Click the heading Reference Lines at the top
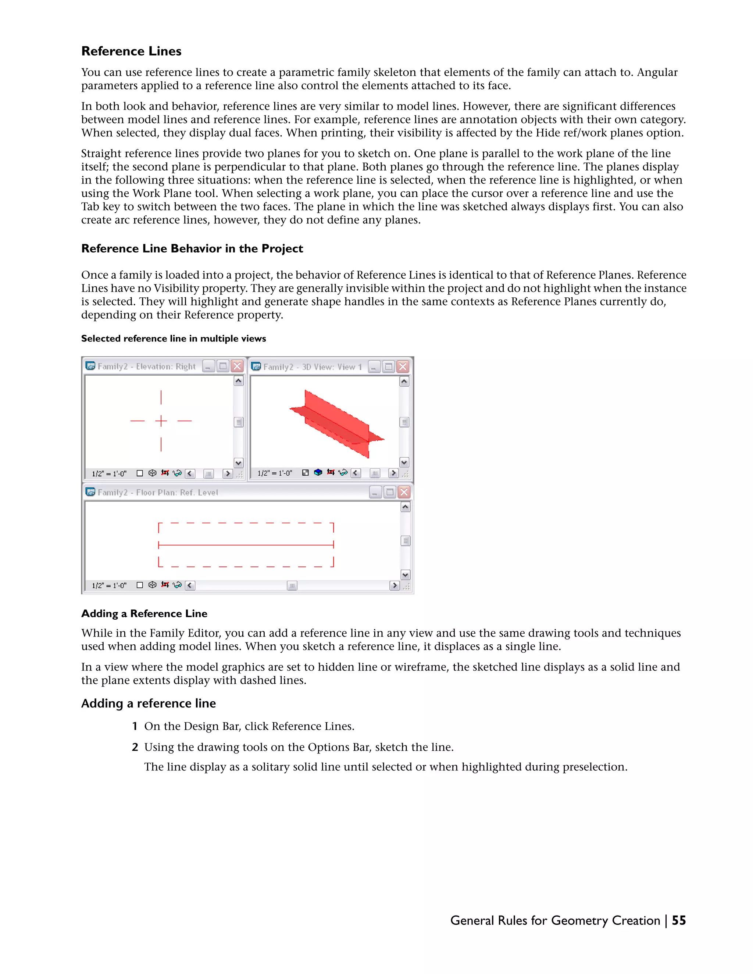[131, 51]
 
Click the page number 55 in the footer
[678, 920]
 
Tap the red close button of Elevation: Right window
[237, 366]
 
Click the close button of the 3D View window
[403, 366]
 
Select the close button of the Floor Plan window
[404, 492]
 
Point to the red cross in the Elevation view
[161, 420]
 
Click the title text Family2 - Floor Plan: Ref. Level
[157, 493]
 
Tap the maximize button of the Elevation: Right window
[222, 366]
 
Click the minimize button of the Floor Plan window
[375, 492]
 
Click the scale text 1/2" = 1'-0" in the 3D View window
[275, 473]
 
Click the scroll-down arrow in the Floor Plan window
[405, 575]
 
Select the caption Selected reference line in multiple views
[174, 339]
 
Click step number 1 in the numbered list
[135, 726]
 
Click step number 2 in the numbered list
[135, 747]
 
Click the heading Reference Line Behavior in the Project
[192, 248]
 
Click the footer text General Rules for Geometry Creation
[555, 920]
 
